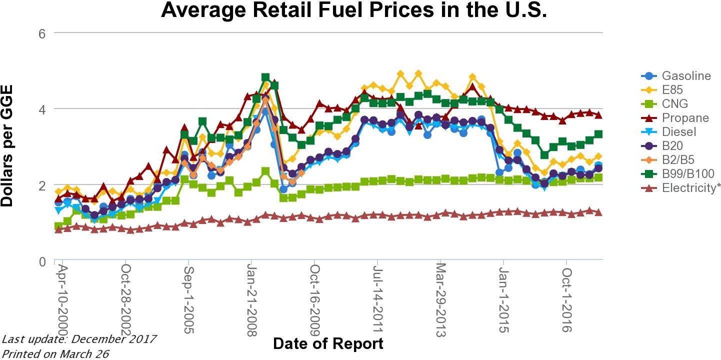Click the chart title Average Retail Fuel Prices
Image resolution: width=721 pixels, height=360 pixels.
354,11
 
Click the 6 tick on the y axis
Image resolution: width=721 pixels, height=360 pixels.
42,33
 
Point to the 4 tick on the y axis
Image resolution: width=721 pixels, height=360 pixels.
42,109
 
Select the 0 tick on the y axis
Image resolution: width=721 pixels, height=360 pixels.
42,261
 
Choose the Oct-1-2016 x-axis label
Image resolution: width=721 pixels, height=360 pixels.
566,298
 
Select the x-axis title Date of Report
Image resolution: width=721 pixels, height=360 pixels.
328,344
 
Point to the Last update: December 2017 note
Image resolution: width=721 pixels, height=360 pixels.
79,339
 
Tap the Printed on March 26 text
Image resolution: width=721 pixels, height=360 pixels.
55,353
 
